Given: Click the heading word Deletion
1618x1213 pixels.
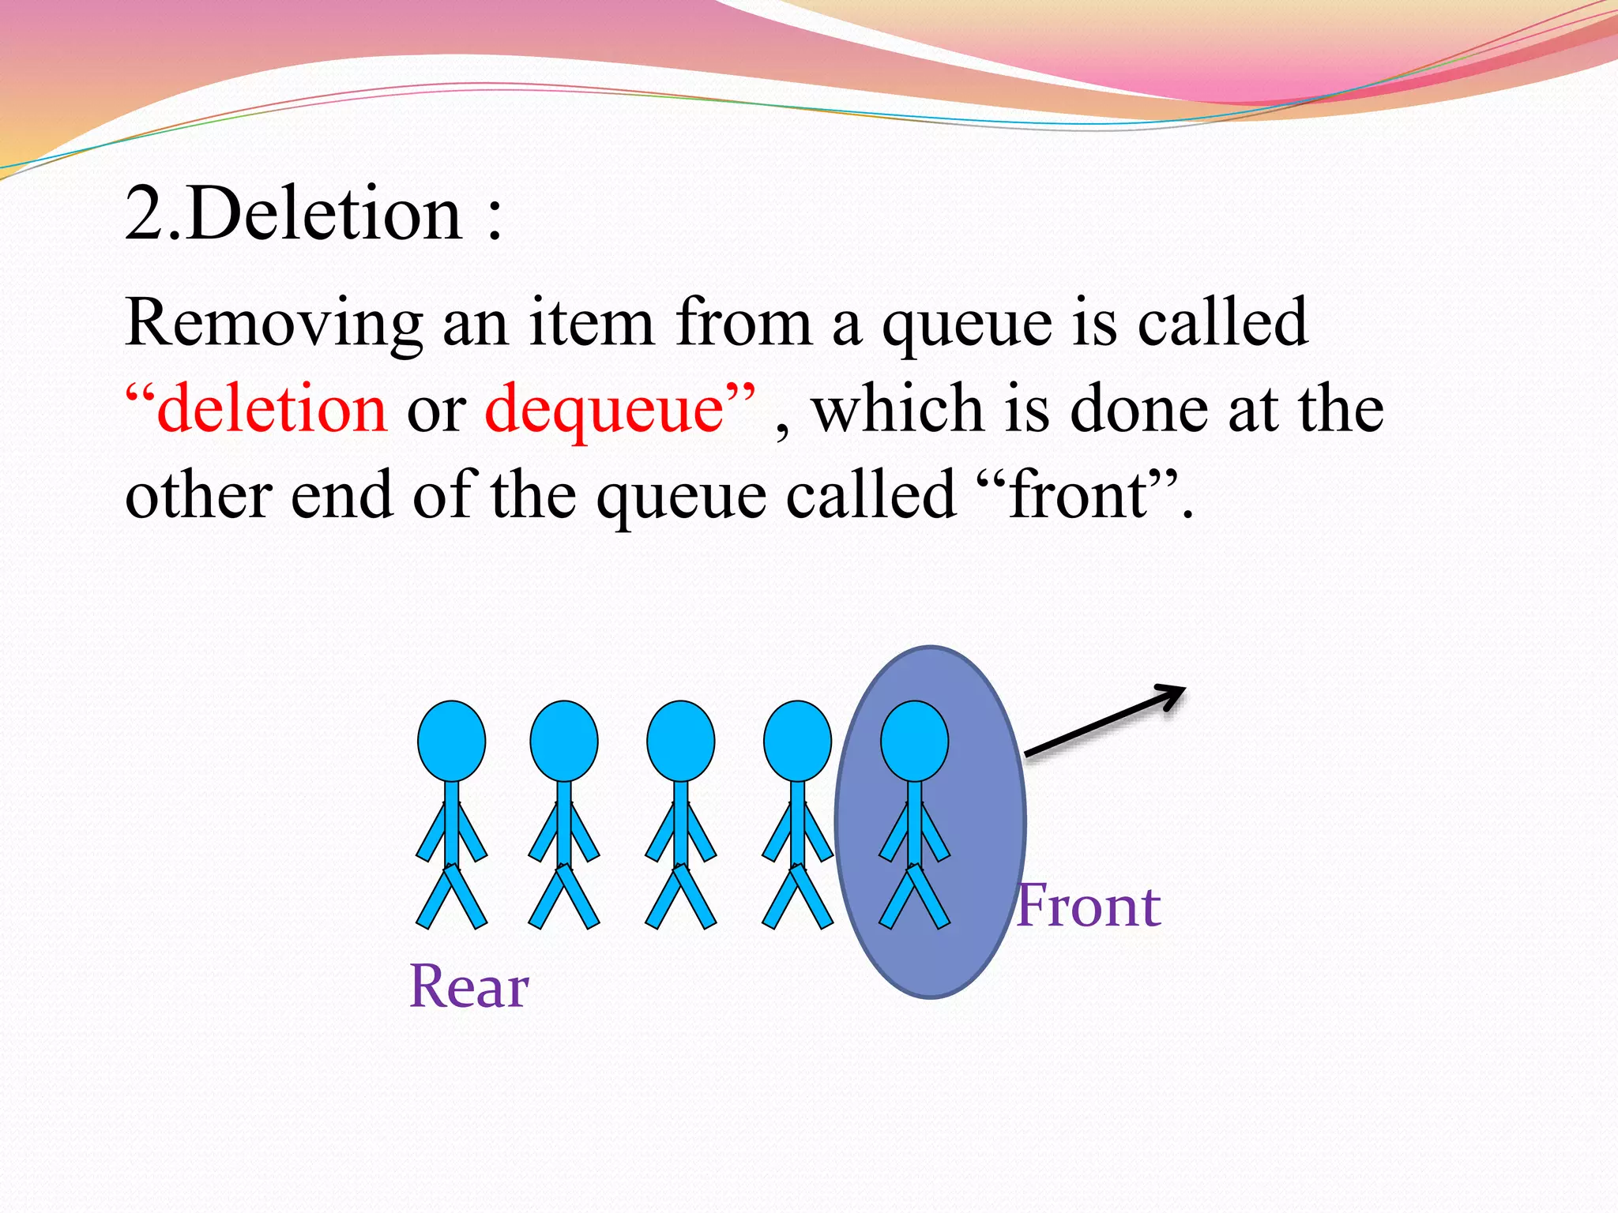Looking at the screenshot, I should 325,215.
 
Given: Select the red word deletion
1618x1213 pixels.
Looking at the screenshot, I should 272,409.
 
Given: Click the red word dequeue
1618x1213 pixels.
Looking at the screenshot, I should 604,409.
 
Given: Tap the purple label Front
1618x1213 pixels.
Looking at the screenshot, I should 1089,906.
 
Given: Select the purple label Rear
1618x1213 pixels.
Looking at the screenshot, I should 469,987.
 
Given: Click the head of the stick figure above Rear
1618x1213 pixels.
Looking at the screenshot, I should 451,741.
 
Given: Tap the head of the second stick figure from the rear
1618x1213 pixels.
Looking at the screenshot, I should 564,741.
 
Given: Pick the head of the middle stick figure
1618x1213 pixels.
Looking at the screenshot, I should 680,741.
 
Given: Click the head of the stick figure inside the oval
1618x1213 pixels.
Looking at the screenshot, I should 914,741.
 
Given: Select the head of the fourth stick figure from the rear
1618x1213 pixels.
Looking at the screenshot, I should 797,741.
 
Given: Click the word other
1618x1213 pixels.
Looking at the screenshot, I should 198,495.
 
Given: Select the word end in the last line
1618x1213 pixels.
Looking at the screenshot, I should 342,495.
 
